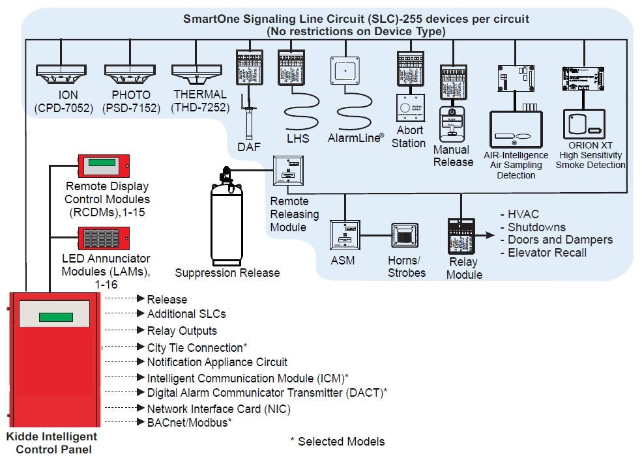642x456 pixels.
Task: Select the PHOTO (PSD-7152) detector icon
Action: (130, 73)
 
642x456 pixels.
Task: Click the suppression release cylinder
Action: (226, 221)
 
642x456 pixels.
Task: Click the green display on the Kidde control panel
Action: (55, 317)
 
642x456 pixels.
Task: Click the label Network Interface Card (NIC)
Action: (218, 409)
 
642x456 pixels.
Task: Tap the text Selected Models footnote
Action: (337, 442)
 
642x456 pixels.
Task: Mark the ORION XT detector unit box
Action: (584, 124)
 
